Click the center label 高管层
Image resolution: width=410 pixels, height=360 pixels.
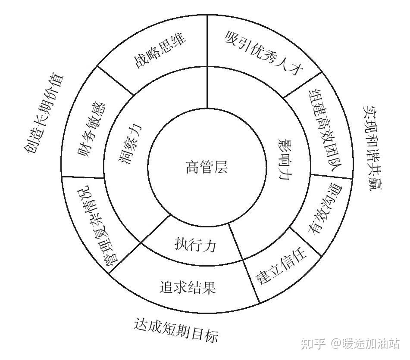[x=206, y=167]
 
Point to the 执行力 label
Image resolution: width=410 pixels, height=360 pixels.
[x=195, y=244]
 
